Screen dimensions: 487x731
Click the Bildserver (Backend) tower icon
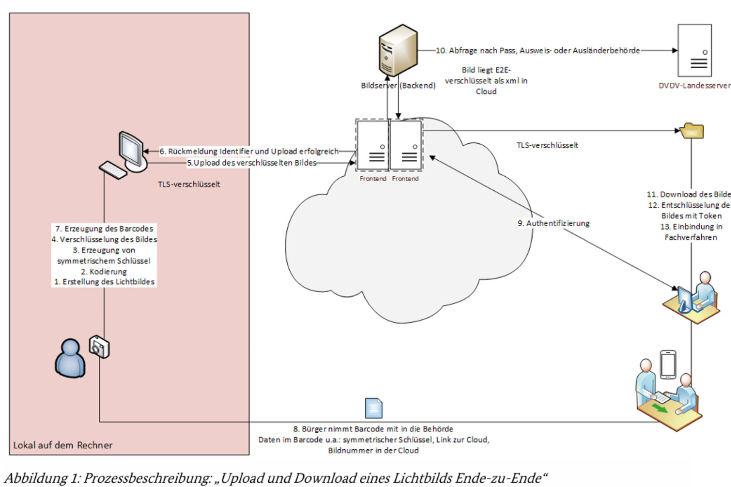pyautogui.click(x=398, y=50)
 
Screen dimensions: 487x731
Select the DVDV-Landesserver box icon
pyautogui.click(x=694, y=51)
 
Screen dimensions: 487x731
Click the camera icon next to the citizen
pyautogui.click(x=99, y=347)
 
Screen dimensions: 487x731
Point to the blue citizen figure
pyautogui.click(x=70, y=359)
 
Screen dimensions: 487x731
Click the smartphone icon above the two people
pyautogui.click(x=668, y=364)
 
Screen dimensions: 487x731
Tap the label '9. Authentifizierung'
pyautogui.click(x=553, y=223)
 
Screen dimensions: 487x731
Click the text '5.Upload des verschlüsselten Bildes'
pyautogui.click(x=252, y=163)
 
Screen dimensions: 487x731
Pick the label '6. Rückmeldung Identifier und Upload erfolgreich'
pyautogui.click(x=249, y=151)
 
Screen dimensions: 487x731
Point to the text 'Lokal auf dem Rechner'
pyautogui.click(x=63, y=445)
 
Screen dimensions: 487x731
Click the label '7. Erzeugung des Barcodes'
pyautogui.click(x=104, y=228)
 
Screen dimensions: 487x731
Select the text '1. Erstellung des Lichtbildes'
pyautogui.click(x=104, y=282)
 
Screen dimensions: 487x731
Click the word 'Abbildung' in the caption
pyautogui.click(x=35, y=478)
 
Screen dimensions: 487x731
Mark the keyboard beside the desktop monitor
pyautogui.click(x=113, y=170)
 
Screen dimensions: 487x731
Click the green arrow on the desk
pyautogui.click(x=659, y=409)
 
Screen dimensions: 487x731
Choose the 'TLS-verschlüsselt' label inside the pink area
pyautogui.click(x=189, y=184)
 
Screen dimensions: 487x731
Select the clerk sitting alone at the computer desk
pyautogui.click(x=704, y=291)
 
